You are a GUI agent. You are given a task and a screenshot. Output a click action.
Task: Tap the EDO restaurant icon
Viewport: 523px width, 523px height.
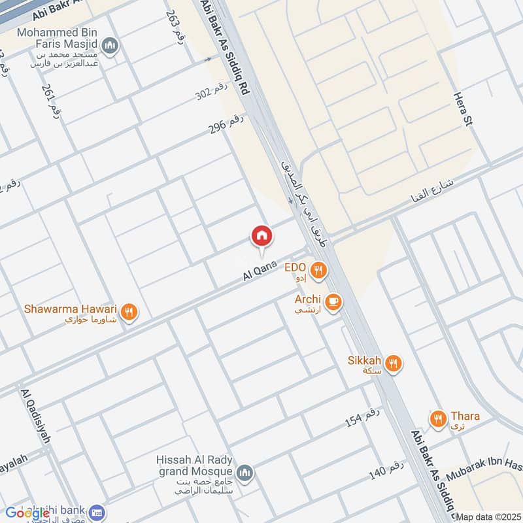318,270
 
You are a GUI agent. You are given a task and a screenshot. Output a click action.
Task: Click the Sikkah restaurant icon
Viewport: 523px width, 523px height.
393,363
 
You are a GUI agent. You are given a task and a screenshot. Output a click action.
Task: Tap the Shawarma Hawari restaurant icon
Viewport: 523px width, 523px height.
129,312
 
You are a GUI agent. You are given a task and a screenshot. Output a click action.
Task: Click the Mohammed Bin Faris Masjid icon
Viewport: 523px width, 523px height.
112,45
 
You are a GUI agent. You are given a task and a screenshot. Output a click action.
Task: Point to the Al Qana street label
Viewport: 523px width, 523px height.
261,269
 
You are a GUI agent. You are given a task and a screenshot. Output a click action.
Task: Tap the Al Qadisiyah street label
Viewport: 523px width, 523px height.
36,416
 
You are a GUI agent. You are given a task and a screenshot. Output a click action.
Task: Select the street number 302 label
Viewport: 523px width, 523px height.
212,93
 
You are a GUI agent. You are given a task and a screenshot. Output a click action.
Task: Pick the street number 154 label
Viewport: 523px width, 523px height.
362,417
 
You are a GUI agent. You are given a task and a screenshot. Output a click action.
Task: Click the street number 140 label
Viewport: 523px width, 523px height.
387,469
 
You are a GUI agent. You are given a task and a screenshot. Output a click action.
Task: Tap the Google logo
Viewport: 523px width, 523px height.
27,513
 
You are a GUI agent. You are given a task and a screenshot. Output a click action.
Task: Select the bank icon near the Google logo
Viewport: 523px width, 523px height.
97,513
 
